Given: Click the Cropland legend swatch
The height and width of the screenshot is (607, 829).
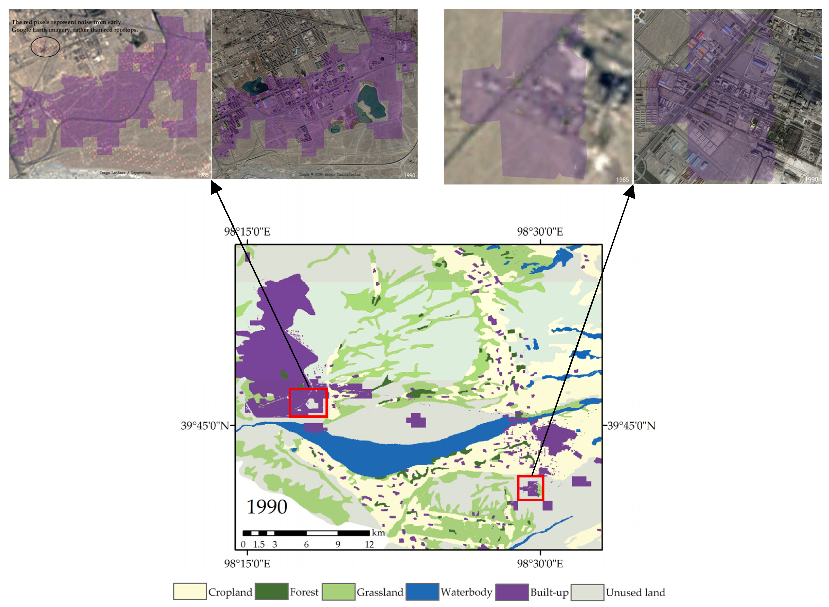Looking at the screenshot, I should click(189, 592).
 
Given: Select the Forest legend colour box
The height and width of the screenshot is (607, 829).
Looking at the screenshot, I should click(271, 592).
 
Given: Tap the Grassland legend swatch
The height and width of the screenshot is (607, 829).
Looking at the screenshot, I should click(338, 592).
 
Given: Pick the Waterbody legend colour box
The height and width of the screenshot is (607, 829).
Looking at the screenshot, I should click(422, 592).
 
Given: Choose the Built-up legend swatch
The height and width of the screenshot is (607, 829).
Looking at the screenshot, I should click(512, 592).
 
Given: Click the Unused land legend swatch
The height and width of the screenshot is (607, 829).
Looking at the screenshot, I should click(587, 592).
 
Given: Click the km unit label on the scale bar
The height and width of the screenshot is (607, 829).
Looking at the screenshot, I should click(378, 532).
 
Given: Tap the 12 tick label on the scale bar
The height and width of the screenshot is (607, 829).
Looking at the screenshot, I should click(369, 544).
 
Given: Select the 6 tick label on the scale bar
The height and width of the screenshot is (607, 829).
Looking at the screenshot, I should click(306, 544).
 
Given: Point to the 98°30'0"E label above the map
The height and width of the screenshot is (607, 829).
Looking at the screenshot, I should click(540, 232).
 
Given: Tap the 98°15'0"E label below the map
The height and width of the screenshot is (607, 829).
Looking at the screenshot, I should click(247, 564).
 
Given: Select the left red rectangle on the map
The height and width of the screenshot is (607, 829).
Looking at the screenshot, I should click(308, 403).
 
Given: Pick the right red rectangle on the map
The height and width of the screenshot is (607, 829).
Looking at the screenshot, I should click(531, 488).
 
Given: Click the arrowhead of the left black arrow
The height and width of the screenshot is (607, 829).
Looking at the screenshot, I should click(216, 187).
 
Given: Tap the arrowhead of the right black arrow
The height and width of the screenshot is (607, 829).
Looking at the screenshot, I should click(630, 190).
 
